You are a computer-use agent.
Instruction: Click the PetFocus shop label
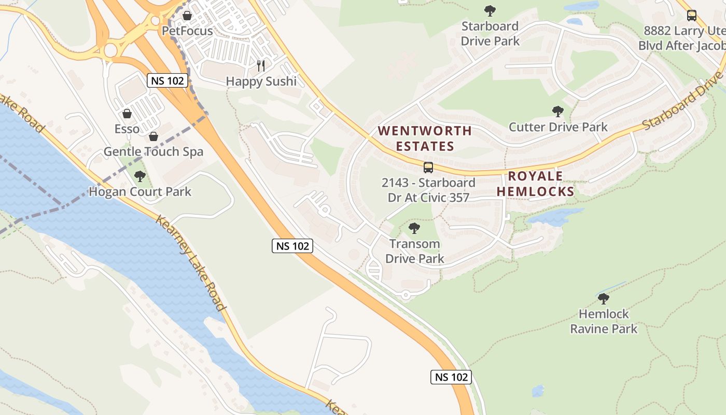pos(187,31)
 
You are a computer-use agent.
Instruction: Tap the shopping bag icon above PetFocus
pos(187,16)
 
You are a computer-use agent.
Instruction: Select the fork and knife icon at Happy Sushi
pos(261,65)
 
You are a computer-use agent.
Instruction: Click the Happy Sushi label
pos(261,81)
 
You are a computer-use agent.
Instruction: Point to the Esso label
pos(127,129)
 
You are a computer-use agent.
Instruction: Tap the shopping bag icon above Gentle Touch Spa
pos(153,136)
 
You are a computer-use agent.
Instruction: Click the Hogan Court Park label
pos(140,191)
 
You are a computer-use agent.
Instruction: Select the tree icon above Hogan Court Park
pos(140,176)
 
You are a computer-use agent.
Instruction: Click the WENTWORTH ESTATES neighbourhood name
pos(425,139)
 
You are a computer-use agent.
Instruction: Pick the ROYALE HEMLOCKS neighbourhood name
pos(535,184)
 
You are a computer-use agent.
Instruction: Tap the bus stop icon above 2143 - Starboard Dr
pos(428,167)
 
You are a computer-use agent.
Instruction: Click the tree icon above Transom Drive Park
pos(414,228)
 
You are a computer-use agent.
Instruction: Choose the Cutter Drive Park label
pos(558,127)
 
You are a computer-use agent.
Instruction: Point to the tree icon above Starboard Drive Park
pos(490,11)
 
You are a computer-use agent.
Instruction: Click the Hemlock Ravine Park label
pos(604,321)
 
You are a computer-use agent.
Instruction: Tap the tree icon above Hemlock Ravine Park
pos(603,299)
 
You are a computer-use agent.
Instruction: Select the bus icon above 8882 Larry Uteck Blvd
pos(692,16)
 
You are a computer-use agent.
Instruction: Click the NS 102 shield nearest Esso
pos(167,80)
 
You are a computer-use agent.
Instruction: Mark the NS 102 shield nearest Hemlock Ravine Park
pos(451,377)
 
